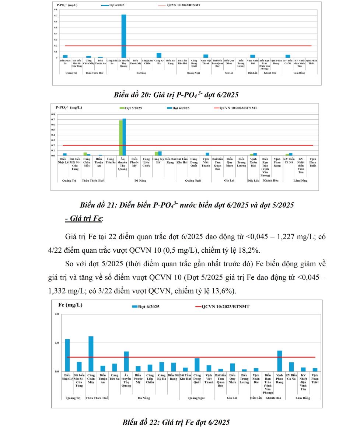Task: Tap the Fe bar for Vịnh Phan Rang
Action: [x=280, y=361]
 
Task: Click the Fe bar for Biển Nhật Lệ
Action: [x=67, y=355]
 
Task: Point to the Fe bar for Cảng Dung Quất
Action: [x=197, y=365]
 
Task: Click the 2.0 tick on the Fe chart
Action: [x=56, y=314]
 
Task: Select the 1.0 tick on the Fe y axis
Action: [x=56, y=343]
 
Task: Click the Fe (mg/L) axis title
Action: [x=71, y=305]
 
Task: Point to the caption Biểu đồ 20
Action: [x=176, y=95]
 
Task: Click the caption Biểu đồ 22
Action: [x=176, y=422]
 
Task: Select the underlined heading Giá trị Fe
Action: [x=84, y=218]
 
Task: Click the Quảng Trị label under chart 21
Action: [x=69, y=180]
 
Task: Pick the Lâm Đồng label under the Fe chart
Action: [x=303, y=398]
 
